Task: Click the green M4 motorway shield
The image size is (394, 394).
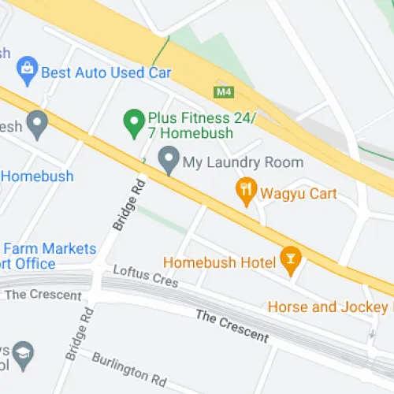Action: pos(224,91)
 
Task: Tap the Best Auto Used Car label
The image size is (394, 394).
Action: pos(106,72)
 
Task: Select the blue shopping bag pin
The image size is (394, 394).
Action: pos(27,71)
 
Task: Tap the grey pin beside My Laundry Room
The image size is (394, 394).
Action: pos(167,162)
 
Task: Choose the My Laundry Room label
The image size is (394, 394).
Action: pos(243,163)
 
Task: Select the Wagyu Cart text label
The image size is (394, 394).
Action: pos(300,193)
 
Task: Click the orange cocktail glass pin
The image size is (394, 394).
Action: pos(291,262)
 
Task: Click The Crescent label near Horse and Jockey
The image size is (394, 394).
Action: pos(232,325)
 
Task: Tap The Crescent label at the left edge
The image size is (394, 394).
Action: pos(43,295)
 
